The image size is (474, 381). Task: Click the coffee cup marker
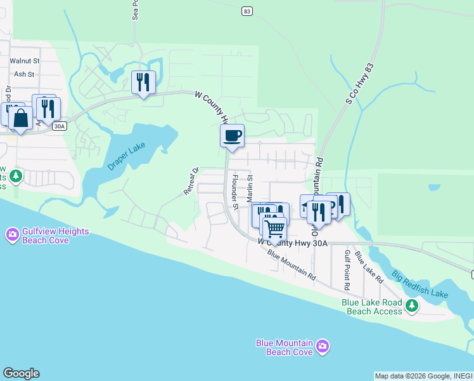232,135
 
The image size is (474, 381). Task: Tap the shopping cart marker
274,227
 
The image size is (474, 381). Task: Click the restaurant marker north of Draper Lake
143,82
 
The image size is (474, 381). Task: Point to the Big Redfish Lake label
420,284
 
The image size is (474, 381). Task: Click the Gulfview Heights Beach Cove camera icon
12,235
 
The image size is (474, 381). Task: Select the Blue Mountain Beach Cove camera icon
323,346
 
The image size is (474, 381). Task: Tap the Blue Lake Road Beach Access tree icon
412,307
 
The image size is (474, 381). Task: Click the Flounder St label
234,192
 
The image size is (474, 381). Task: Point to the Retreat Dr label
191,181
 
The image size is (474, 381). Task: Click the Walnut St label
25,61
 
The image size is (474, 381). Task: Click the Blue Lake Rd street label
369,267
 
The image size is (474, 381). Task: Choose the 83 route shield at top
247,11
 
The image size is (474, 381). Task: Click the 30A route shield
59,126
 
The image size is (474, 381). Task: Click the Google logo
21,373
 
